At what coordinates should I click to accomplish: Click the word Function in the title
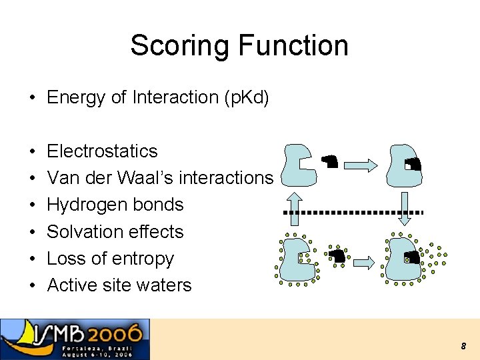point(293,46)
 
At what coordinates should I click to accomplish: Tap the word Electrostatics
point(102,151)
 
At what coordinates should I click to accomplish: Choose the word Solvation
point(80,232)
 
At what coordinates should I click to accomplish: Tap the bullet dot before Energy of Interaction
point(32,98)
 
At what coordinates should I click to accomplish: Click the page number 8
point(463,346)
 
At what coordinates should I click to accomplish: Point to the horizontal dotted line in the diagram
point(353,212)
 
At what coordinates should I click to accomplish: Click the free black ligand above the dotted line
point(330,161)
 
